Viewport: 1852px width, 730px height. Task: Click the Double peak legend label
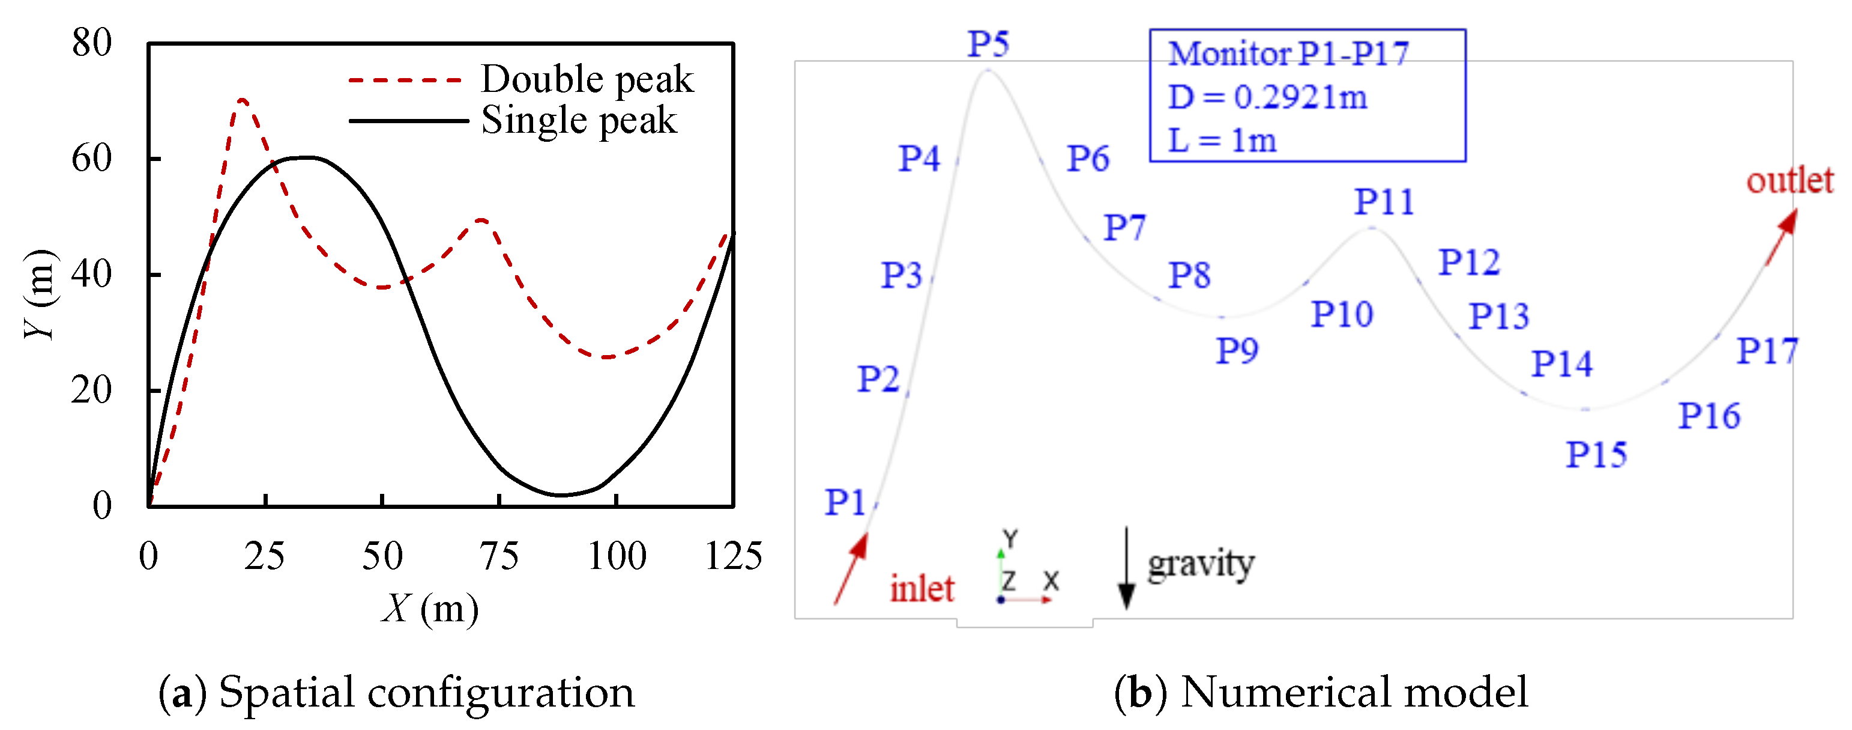click(x=587, y=79)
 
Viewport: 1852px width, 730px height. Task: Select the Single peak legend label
click(x=579, y=120)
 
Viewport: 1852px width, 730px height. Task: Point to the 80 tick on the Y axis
click(x=92, y=43)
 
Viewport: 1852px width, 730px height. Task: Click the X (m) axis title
click(x=430, y=609)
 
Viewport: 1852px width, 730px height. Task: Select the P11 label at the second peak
click(x=1384, y=202)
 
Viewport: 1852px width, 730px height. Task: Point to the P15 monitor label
click(x=1596, y=455)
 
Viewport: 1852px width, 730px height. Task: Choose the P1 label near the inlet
click(x=845, y=502)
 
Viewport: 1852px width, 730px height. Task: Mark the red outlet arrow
click(x=1782, y=237)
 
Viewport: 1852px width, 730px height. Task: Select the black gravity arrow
click(x=1127, y=568)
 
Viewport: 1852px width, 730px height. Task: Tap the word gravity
click(x=1201, y=564)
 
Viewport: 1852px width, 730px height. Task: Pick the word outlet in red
click(x=1790, y=180)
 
